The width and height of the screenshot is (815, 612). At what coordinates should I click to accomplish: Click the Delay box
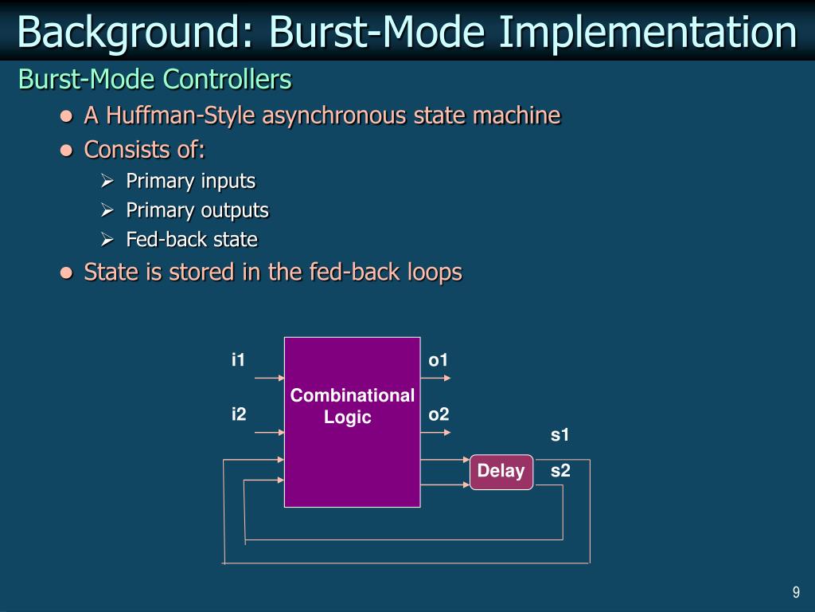point(501,471)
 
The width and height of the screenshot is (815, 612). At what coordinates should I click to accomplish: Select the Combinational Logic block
point(352,422)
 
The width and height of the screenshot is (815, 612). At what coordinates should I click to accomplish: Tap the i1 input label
point(238,360)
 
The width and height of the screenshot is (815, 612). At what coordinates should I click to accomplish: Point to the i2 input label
point(239,414)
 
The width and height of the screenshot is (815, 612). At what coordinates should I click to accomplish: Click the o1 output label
point(439,360)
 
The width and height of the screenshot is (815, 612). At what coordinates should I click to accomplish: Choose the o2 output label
point(439,414)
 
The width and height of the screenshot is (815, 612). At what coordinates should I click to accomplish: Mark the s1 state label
point(560,435)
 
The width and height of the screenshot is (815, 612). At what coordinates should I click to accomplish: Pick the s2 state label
point(560,470)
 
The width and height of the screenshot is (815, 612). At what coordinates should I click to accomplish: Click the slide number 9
point(795,591)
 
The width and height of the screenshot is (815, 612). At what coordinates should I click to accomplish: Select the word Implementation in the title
point(649,32)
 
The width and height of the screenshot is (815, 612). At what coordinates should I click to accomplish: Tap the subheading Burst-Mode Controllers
point(155,80)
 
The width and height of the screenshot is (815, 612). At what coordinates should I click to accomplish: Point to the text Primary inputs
point(191,181)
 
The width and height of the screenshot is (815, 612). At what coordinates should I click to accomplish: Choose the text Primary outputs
point(197,210)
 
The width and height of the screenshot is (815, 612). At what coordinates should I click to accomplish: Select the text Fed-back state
point(192,239)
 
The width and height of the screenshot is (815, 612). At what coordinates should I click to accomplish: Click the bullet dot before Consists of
point(67,151)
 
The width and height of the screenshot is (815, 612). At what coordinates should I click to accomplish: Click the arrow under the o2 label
point(435,433)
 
